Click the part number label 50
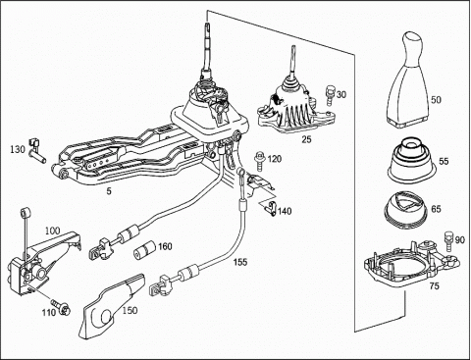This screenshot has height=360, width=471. [x=436, y=99]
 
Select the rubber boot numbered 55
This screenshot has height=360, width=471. [x=412, y=160]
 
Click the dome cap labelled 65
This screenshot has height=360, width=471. [x=406, y=209]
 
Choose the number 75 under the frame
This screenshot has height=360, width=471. [x=434, y=286]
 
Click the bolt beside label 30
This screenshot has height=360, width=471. [x=330, y=95]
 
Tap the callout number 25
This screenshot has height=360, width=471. [x=306, y=139]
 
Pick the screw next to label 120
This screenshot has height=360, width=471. [x=260, y=161]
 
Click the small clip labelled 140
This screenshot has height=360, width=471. [x=271, y=208]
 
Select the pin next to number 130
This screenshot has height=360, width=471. [x=36, y=151]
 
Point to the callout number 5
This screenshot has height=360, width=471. [x=109, y=191]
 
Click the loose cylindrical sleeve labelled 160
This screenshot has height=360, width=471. [x=144, y=250]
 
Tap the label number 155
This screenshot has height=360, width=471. [x=240, y=262]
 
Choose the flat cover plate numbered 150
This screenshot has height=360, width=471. [x=112, y=306]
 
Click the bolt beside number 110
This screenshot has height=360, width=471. [x=61, y=307]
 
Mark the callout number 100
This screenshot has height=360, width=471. [x=53, y=231]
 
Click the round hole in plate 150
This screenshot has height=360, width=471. [x=107, y=316]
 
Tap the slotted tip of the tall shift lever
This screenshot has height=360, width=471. [x=207, y=26]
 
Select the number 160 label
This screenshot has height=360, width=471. [x=165, y=246]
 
